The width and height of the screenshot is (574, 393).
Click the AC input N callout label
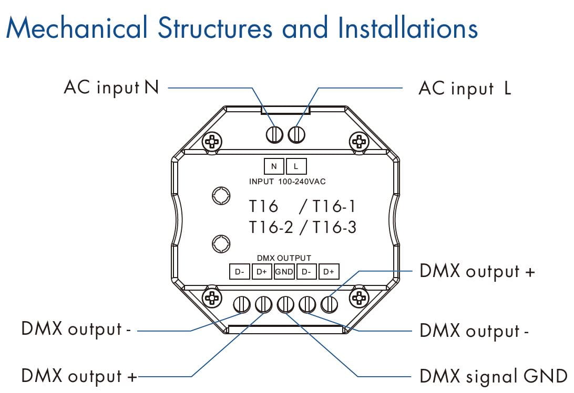click(x=111, y=87)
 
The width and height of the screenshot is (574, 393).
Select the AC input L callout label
click(x=465, y=88)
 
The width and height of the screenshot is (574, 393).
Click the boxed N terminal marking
click(x=273, y=166)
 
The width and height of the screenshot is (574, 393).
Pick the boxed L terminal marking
click(x=296, y=166)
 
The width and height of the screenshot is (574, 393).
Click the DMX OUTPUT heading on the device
click(x=284, y=258)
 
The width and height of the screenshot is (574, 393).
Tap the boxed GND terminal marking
click(x=284, y=272)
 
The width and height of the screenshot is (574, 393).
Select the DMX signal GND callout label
click(x=493, y=376)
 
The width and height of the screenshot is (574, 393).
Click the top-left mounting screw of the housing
click(x=211, y=141)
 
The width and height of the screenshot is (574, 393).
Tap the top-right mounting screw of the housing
click(x=359, y=141)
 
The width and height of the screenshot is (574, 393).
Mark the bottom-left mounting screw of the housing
click(x=211, y=297)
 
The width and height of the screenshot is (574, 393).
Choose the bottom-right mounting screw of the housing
click(x=359, y=297)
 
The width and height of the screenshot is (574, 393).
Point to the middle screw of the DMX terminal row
click(x=285, y=304)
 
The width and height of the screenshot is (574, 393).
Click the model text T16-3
click(x=334, y=227)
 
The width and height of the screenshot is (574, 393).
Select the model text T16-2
click(x=270, y=227)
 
